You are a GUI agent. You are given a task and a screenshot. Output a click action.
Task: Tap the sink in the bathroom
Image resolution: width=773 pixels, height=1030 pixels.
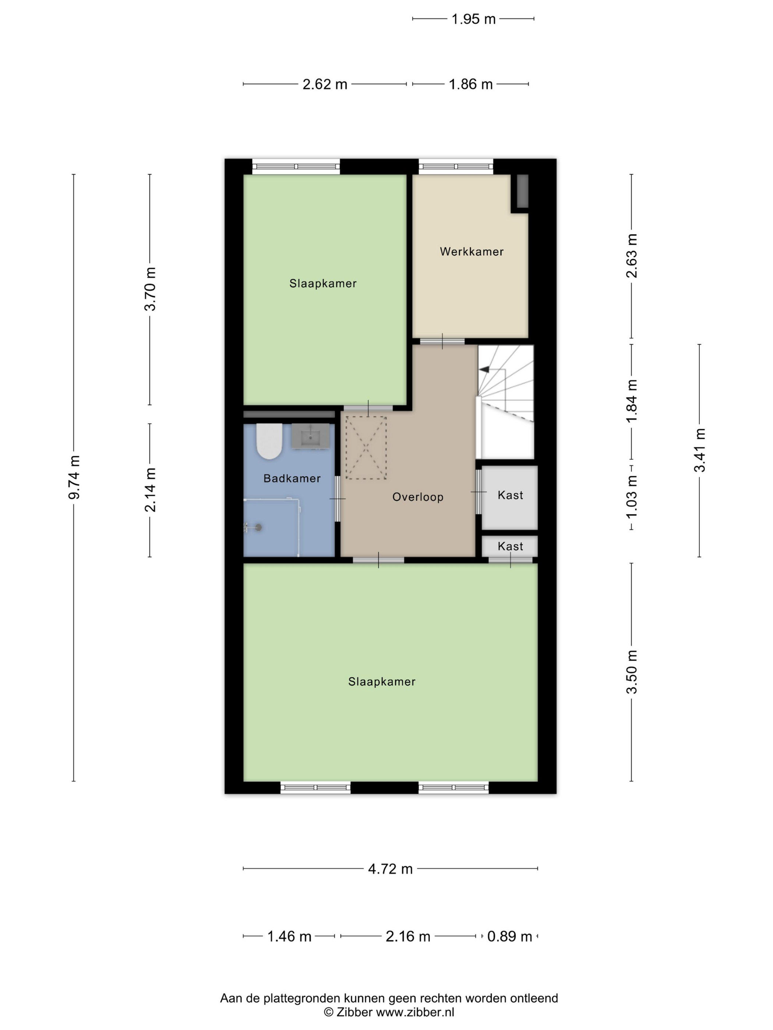pyautogui.click(x=310, y=437)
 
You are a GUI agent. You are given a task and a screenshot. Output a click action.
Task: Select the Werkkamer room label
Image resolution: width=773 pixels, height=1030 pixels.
pyautogui.click(x=472, y=252)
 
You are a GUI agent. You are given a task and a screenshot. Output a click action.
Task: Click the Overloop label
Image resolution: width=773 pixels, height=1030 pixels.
pyautogui.click(x=417, y=497)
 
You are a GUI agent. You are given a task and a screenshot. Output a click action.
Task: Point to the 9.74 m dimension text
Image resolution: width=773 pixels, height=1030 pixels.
pyautogui.click(x=74, y=477)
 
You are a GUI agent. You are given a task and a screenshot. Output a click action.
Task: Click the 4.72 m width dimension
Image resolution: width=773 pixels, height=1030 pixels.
pyautogui.click(x=391, y=869)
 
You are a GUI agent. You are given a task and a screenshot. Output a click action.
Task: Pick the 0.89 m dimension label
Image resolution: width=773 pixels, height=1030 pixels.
pyautogui.click(x=509, y=937)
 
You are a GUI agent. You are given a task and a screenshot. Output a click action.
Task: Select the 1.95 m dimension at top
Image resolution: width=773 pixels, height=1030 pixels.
pyautogui.click(x=473, y=19)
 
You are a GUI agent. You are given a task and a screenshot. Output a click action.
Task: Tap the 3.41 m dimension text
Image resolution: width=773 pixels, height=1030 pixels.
pyautogui.click(x=699, y=450)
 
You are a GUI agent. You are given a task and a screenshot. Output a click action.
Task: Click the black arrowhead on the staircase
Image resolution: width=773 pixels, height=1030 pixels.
pyautogui.click(x=484, y=369)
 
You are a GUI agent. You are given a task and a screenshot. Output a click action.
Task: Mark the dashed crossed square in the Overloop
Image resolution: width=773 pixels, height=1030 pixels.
pyautogui.click(x=366, y=447)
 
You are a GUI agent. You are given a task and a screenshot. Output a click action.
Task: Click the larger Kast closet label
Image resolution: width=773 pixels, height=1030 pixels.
pyautogui.click(x=510, y=495)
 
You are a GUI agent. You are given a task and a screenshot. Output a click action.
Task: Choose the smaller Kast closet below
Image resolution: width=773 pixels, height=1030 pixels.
pyautogui.click(x=510, y=546)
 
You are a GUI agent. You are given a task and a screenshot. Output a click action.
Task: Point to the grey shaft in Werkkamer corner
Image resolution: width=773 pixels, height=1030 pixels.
pyautogui.click(x=522, y=191)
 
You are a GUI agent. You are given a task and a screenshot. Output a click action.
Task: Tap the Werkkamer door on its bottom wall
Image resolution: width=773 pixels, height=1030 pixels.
pyautogui.click(x=442, y=341)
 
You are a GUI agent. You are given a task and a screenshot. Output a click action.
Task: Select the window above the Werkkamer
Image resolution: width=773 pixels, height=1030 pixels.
pyautogui.click(x=456, y=166)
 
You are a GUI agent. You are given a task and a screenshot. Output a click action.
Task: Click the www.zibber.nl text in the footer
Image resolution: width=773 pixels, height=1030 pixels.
pyautogui.click(x=415, y=1012)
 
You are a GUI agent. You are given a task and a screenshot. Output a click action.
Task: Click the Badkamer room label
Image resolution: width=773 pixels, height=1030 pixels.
pyautogui.click(x=292, y=478)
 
